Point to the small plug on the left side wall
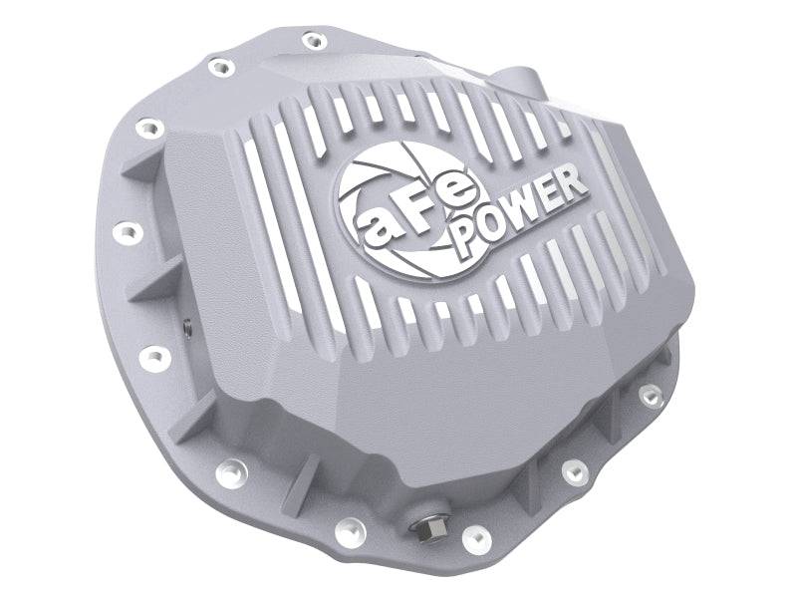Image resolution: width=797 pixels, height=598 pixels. [185, 324]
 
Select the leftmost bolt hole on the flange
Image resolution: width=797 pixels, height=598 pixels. [124, 232]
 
